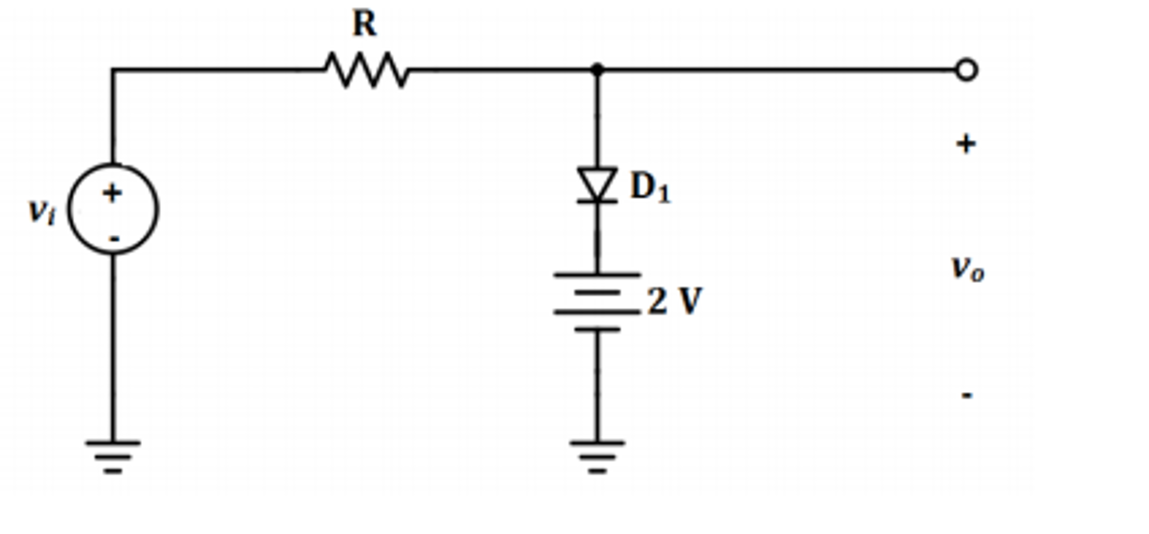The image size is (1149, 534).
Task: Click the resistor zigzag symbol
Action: pos(367,70)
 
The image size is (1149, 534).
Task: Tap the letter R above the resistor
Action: pos(364,24)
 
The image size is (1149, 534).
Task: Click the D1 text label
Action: pos(650,187)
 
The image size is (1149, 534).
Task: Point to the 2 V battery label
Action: pos(674,302)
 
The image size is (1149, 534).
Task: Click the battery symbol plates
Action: pos(597,302)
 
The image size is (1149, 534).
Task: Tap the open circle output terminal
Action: pos(966,70)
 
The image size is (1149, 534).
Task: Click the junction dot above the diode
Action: pos(598,70)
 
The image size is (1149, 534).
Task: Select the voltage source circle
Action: pos(113,209)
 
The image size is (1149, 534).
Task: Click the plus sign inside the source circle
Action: pos(112,193)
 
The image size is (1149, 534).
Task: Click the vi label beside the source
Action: pos(42,212)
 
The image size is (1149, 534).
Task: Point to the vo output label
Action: pos(967,268)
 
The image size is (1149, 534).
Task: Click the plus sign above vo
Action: pos(966,144)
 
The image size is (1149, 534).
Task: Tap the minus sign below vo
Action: pos(966,395)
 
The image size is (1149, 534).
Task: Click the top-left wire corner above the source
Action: pos(113,70)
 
